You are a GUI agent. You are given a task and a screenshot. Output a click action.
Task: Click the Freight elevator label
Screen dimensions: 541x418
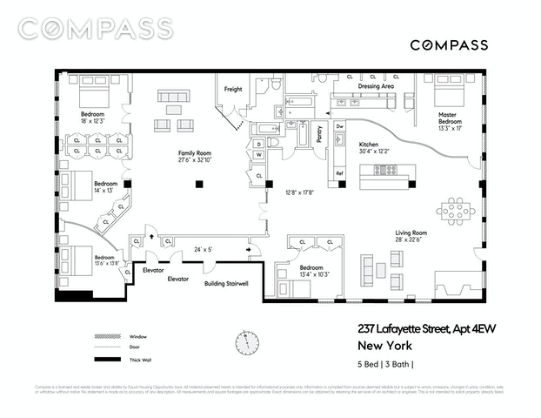pyautogui.click(x=233, y=89)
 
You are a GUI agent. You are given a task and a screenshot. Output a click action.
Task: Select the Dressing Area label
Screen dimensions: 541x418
pyautogui.click(x=377, y=87)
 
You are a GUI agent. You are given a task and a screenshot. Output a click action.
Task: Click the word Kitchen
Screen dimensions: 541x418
pyautogui.click(x=370, y=144)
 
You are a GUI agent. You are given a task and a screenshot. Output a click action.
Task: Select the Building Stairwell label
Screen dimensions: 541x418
pyautogui.click(x=225, y=284)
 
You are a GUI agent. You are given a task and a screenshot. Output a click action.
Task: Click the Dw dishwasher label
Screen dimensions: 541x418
pyautogui.click(x=340, y=126)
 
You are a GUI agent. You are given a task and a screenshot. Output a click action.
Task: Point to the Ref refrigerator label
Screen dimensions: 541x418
pyautogui.click(x=340, y=173)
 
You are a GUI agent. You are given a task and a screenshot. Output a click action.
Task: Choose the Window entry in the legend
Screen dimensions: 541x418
pyautogui.click(x=137, y=336)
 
